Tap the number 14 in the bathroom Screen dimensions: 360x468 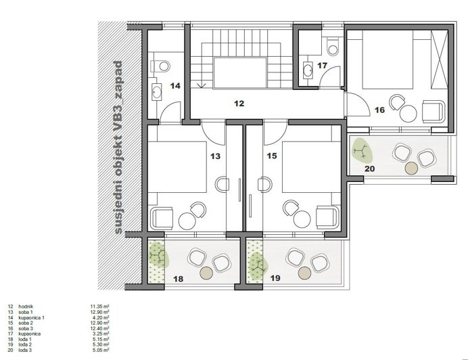tap(175, 86)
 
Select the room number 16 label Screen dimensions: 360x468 tap(379, 109)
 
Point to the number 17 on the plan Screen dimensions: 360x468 tap(323, 66)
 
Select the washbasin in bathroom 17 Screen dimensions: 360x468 tap(307, 69)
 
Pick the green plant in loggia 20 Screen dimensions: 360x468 tap(362, 150)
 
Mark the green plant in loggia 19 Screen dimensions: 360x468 tap(257, 266)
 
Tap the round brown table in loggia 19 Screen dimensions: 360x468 tap(305, 272)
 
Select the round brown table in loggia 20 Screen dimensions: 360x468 tap(410, 168)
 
